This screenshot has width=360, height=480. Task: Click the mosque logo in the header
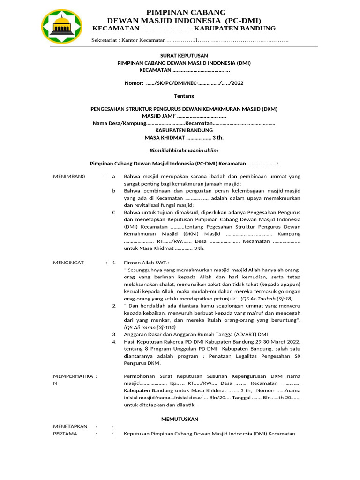pos(62,26)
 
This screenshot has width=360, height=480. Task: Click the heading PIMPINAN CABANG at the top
pos(186,12)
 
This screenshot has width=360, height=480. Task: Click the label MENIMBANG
pos(69,176)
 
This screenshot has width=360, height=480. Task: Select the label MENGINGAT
pos(68,262)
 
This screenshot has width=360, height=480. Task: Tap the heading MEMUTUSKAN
pos(180,419)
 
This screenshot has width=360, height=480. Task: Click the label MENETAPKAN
pos(70,426)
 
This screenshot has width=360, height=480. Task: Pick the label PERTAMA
pos(65,434)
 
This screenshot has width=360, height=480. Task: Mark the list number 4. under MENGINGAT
pos(114,342)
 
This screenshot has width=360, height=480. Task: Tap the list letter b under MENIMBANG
pos(113,191)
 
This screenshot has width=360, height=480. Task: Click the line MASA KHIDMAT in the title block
pos(184,138)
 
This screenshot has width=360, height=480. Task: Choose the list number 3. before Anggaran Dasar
pos(114,334)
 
